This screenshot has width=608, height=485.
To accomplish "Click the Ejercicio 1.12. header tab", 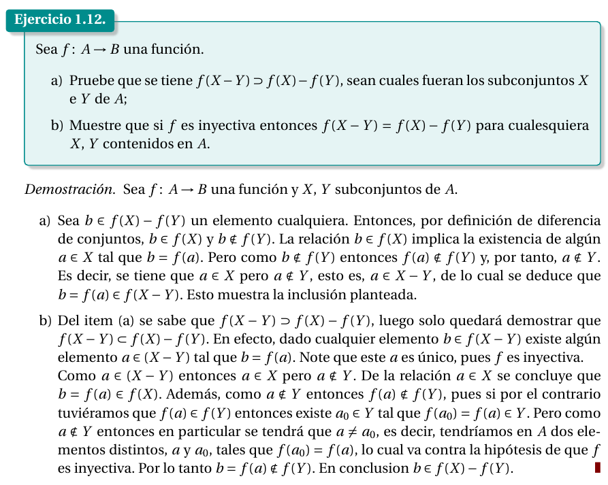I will pos(60,20).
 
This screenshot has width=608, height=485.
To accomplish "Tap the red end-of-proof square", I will pos(597,467).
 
